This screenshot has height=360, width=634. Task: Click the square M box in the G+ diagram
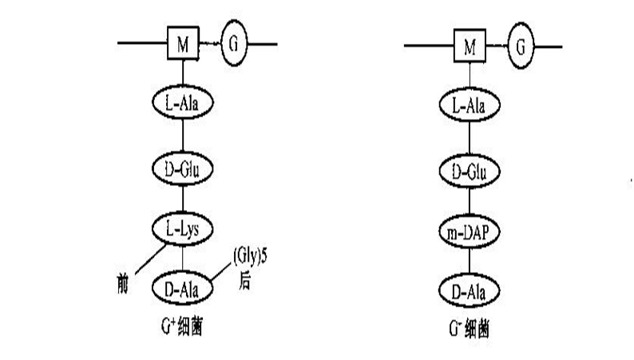183,45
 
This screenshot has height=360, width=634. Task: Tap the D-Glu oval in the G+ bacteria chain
183,168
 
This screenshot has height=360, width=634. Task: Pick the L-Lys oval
183,230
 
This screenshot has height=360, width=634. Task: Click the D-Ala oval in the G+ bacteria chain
183,286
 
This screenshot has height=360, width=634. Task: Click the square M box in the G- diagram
470,45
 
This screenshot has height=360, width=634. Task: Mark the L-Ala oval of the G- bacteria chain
470,105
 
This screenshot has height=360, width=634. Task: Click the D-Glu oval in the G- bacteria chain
470,171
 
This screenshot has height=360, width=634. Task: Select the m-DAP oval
470,231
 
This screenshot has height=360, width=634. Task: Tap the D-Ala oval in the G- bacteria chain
470,288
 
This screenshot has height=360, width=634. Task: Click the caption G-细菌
471,328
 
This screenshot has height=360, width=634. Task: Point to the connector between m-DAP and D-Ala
470,260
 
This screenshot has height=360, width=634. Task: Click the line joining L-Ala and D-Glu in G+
183,136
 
